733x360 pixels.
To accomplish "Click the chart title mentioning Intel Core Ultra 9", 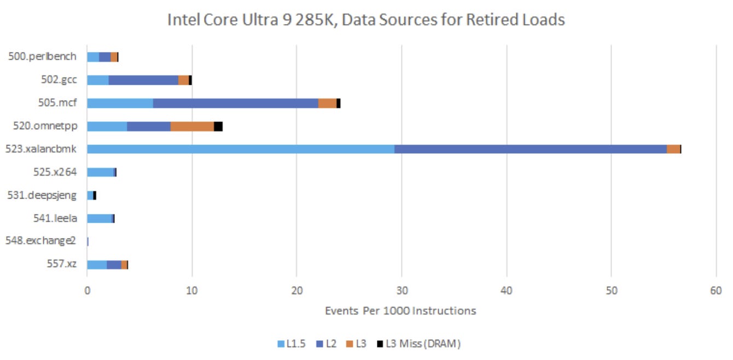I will [366, 20].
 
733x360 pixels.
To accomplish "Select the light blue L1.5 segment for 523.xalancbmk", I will [241, 149].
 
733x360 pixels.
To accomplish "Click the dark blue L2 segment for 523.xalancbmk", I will [530, 149].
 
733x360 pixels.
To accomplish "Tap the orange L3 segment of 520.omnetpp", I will [192, 126].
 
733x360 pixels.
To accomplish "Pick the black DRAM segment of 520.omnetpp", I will [218, 126].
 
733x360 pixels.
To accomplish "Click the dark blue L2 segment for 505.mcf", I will [235, 103].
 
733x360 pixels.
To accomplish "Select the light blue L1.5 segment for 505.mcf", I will [120, 103].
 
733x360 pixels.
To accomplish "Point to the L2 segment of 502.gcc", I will [143, 80].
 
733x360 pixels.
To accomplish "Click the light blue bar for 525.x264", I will [100, 172].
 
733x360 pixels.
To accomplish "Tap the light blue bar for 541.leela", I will [99, 218].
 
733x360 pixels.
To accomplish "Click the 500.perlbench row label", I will [43, 57].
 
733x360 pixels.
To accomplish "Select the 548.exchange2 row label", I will [41, 241].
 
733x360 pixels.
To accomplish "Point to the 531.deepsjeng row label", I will [43, 195].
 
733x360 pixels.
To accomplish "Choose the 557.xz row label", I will [61, 264].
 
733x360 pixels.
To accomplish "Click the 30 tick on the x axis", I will [402, 291].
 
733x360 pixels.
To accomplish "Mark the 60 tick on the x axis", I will [716, 291].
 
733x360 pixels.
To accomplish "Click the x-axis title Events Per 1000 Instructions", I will [400, 311].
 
